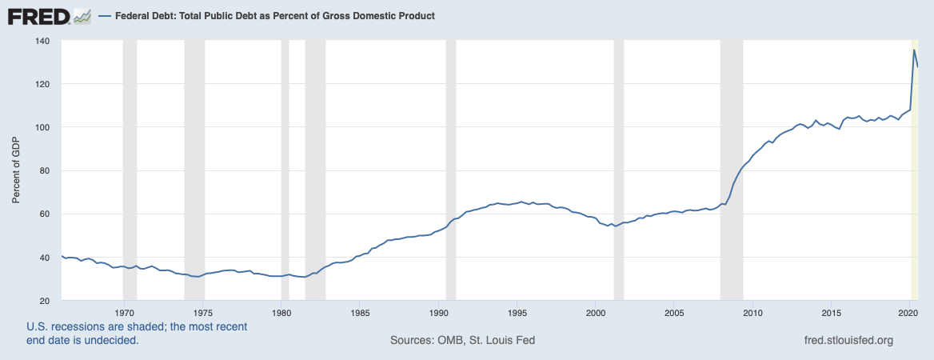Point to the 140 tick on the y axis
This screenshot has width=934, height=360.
point(43,41)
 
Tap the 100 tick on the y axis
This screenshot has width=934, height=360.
point(43,127)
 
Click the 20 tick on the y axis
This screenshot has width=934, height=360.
point(46,301)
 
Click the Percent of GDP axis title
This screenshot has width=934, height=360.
point(17,170)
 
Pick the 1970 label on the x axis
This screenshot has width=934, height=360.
point(124,312)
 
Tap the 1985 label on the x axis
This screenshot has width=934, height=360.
point(360,312)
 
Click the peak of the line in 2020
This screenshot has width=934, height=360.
point(914,50)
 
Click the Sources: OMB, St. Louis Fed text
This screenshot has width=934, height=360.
point(462,340)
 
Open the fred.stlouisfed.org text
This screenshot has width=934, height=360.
point(848,340)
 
